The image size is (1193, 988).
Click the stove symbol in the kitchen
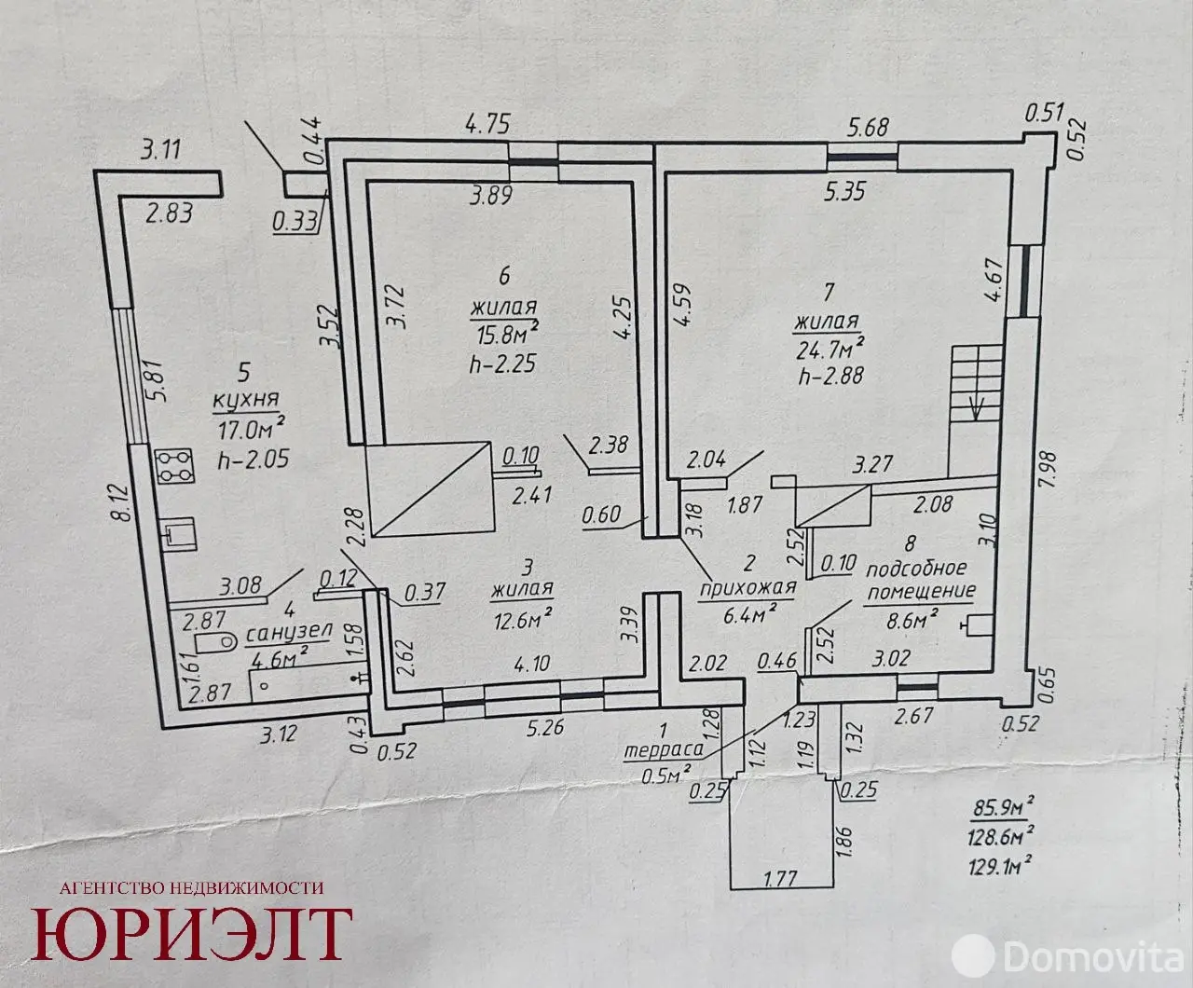coord(176,466)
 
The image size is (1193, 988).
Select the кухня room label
coord(246,401)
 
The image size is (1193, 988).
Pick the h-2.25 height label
coord(502,363)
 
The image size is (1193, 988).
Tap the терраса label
coord(663,750)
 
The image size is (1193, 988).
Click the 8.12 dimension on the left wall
coord(123,503)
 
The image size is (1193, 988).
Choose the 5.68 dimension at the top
coord(868,127)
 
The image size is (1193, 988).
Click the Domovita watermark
coord(1067,956)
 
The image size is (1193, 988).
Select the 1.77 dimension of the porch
coord(780,878)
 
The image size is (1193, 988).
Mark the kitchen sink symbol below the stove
coord(178,534)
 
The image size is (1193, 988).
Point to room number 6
coord(504,276)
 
